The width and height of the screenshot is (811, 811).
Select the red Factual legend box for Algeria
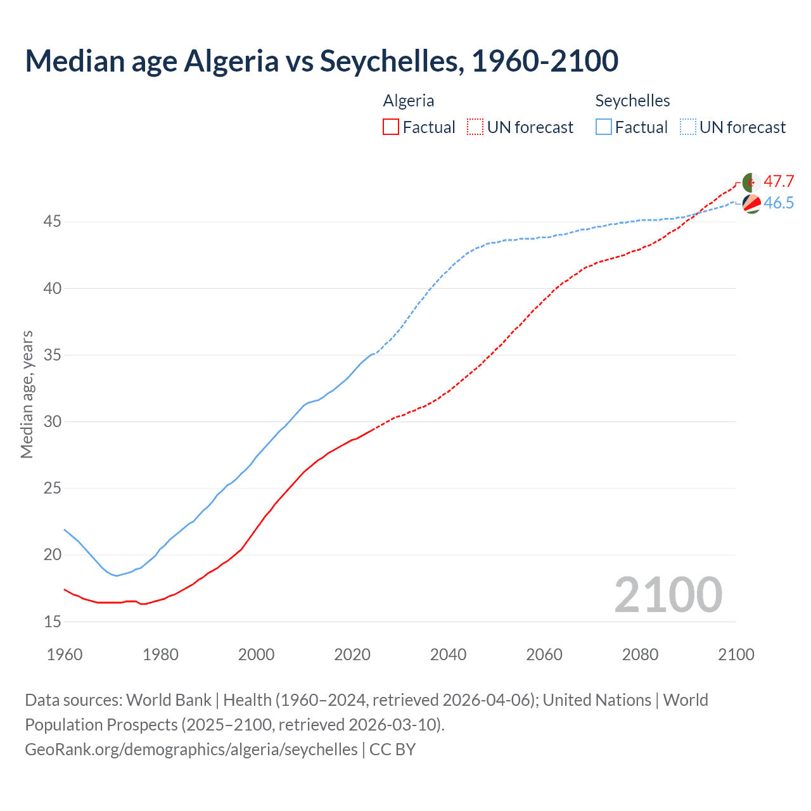pos(391,127)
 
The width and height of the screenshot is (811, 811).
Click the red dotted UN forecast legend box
pos(475,127)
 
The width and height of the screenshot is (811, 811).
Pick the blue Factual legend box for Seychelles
pos(604,127)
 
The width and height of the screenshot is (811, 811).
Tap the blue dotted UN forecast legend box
pos(687,127)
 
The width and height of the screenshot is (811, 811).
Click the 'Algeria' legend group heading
pos(409,101)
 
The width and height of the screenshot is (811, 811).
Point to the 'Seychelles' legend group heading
pos(632,101)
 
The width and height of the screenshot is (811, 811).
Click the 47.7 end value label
pos(779,182)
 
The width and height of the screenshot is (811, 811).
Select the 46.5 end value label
pos(779,203)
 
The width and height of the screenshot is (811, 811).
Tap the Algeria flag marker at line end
pos(751,182)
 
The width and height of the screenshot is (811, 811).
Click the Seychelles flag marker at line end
pos(751,203)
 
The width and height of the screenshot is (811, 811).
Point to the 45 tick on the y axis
pos(53,222)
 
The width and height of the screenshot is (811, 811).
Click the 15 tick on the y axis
pos(53,622)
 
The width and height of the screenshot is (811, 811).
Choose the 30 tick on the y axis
pos(53,421)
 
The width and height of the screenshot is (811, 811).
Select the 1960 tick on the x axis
pos(65,655)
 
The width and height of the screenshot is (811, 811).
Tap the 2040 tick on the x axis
pos(448,655)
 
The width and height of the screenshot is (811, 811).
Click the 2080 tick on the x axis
pos(640,655)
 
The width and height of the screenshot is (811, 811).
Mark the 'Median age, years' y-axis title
pos(27,394)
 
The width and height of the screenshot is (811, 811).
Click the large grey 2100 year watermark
pos(668,595)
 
